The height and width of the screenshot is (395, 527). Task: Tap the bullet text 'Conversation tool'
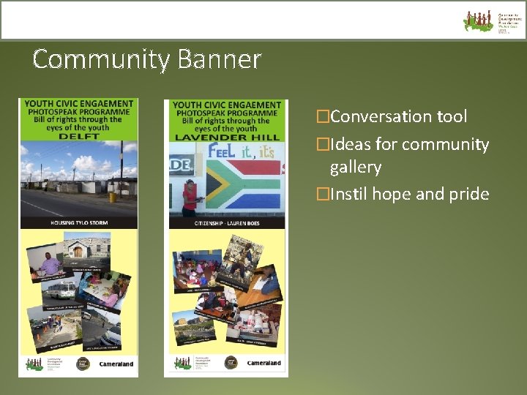pos(398,116)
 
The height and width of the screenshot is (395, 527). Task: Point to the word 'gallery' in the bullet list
pos(355,168)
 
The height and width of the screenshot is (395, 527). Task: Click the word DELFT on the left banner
pos(78,135)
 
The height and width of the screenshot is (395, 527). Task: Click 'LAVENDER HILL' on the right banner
pos(227,136)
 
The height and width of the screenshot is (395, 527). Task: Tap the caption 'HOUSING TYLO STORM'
pos(78,221)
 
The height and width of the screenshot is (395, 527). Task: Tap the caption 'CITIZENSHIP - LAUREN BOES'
pos(227,222)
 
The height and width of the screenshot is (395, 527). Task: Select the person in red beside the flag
pos(190,197)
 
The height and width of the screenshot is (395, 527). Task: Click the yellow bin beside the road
pos(113,197)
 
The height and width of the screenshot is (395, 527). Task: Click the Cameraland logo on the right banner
pos(264,363)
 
